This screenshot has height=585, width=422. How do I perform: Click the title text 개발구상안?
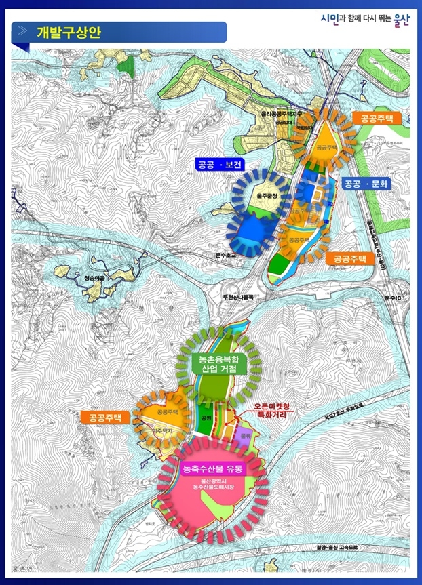69,32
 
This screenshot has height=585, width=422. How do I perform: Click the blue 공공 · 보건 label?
218,163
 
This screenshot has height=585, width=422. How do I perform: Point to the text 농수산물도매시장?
215,487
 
